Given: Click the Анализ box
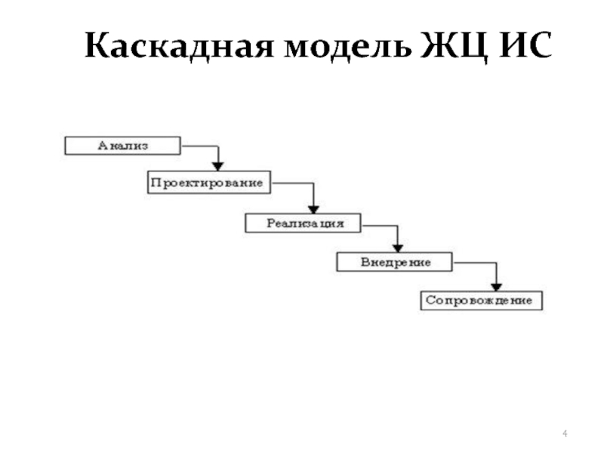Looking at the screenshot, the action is (x=122, y=145).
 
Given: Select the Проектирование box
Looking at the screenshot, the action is (x=208, y=183).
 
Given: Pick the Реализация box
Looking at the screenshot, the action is (x=303, y=223).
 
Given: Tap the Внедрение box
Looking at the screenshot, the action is (x=393, y=262).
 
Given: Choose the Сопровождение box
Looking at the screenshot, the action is (x=480, y=300).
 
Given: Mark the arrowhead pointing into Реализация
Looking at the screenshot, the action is (x=313, y=206).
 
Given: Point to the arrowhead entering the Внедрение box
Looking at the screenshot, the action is (x=398, y=246).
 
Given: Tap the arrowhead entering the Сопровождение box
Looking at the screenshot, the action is (x=496, y=285).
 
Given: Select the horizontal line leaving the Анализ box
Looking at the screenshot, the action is (x=199, y=146).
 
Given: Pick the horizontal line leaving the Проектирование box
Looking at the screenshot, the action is (x=291, y=183).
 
